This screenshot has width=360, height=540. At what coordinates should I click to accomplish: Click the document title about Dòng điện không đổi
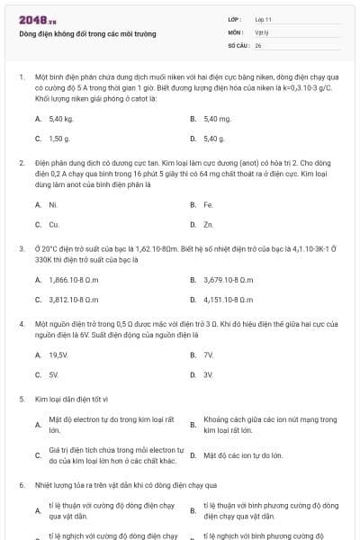coord(87,34)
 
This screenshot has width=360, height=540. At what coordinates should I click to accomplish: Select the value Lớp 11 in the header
coord(264,19)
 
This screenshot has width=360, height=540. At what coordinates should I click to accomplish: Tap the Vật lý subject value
coord(262,31)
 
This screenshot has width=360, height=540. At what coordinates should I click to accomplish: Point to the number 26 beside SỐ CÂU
coord(258,44)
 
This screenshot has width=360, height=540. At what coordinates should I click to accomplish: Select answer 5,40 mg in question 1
coord(217,118)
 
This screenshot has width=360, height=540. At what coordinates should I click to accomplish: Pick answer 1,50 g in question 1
coord(59,139)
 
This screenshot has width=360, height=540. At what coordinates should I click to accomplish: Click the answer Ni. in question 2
coord(53,204)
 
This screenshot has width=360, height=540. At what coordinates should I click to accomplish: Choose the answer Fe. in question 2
coord(208,204)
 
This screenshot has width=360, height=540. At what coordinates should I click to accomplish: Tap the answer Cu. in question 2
coord(54,224)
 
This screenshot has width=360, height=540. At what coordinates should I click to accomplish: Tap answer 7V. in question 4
coord(208,355)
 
